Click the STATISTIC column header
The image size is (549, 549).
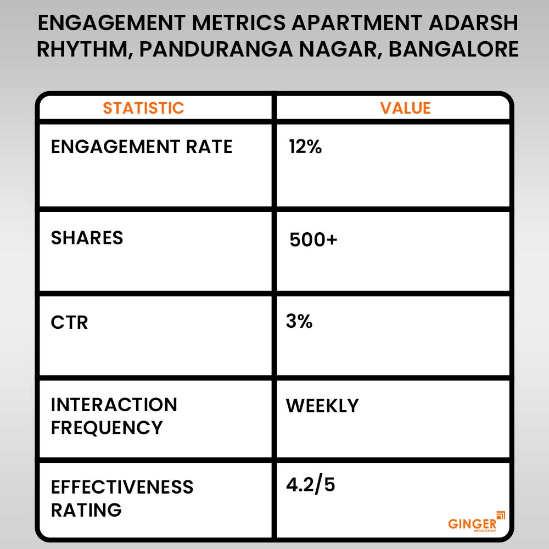[143, 108]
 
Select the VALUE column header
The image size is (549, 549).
[405, 108]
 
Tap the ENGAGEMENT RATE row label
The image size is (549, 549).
[142, 147]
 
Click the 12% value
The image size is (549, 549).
[305, 147]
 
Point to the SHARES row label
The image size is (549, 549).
[87, 238]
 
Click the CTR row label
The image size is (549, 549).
[69, 322]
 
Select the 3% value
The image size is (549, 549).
[299, 321]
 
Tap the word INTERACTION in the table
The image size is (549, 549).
[114, 405]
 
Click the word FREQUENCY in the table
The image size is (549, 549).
[107, 428]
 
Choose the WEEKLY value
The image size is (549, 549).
[322, 406]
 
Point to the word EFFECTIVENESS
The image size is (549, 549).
[122, 487]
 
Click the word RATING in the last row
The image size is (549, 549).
[86, 509]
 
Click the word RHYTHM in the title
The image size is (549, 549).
[83, 49]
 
